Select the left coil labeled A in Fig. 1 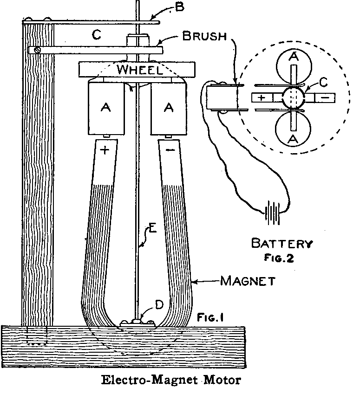[105, 107]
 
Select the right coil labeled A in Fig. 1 [169, 107]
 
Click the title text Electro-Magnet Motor [171, 381]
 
